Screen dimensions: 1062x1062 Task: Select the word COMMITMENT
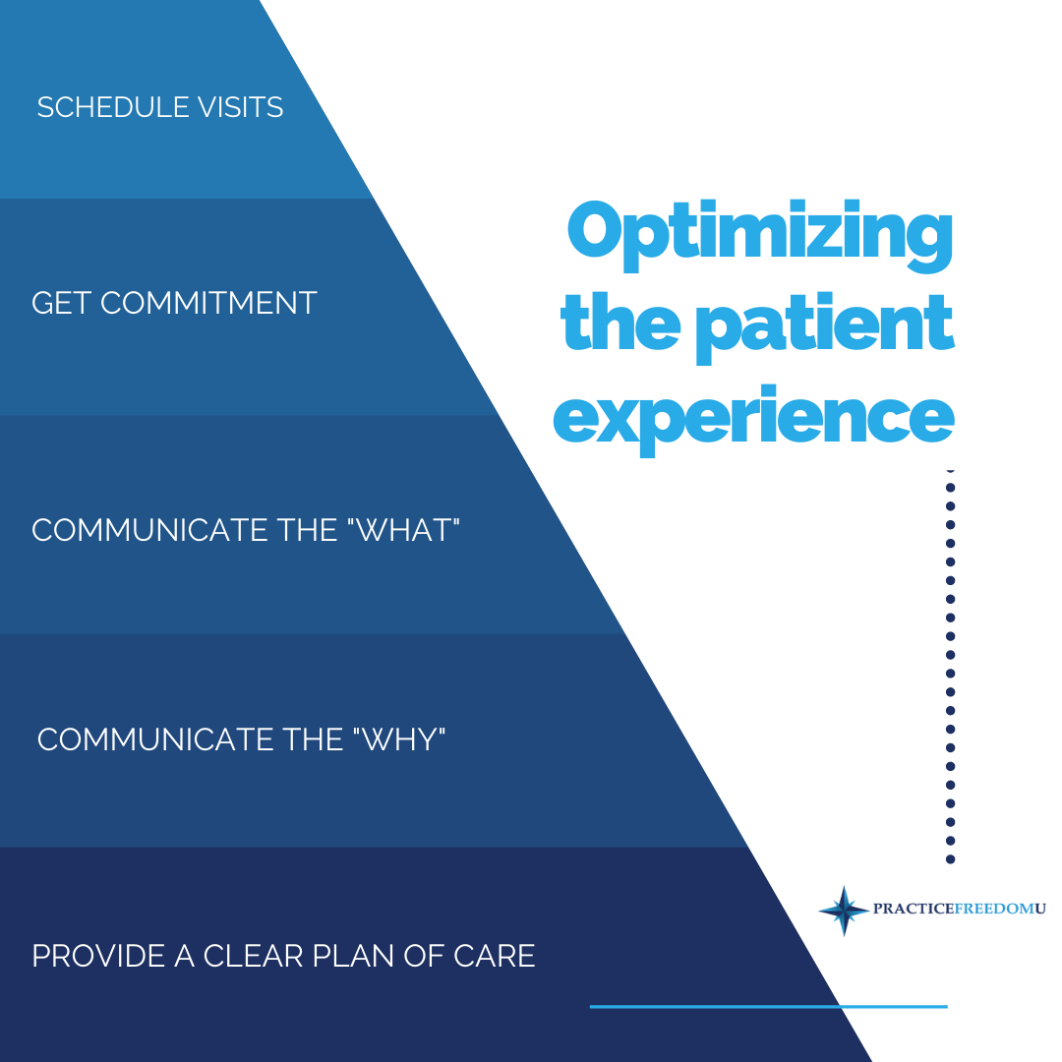pos(208,303)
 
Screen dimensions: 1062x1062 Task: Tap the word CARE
pos(498,956)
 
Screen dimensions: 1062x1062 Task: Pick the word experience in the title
pos(753,418)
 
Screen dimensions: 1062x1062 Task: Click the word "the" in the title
pos(619,324)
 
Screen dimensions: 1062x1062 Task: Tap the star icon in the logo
pos(843,910)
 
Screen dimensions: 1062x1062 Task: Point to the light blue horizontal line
pos(768,1006)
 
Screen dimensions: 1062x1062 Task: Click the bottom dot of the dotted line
pos(950,858)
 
